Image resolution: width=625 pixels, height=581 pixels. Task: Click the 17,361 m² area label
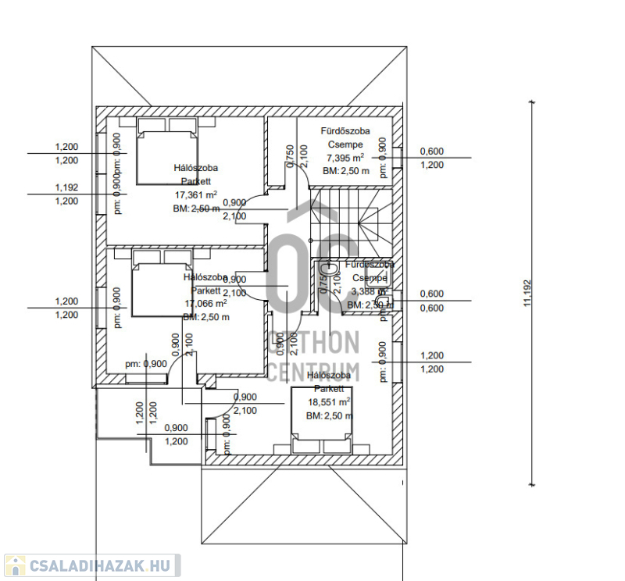[x=195, y=195]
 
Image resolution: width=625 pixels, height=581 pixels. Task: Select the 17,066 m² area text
[x=205, y=304]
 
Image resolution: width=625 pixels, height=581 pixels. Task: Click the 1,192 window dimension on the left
[x=66, y=187]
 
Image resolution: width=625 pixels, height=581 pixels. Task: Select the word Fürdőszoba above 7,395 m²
[x=345, y=131]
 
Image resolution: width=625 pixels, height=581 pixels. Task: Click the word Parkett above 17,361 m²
[x=195, y=181]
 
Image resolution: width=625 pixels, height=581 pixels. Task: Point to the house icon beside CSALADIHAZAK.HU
[x=15, y=565]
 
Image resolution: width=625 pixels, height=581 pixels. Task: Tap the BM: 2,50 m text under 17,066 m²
[x=205, y=318]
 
